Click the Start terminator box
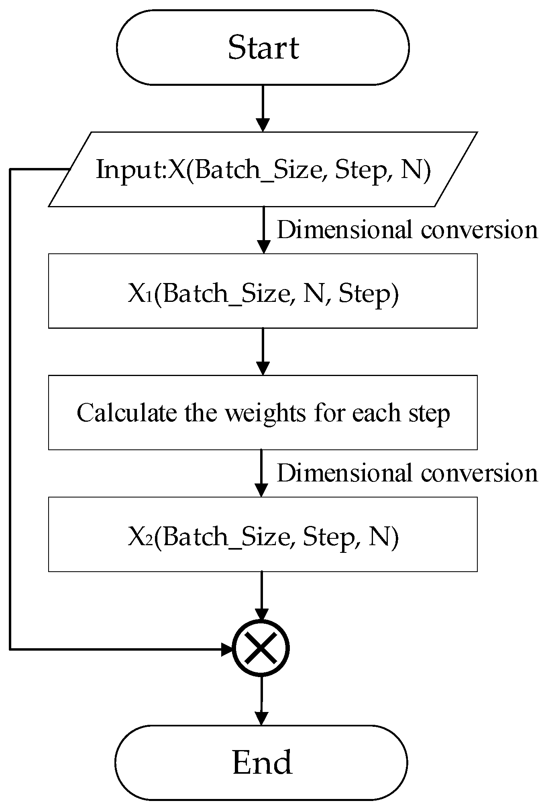[x=263, y=47]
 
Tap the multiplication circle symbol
[x=261, y=648]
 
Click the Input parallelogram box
[x=263, y=169]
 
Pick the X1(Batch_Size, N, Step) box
[x=263, y=291]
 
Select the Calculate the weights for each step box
[x=263, y=413]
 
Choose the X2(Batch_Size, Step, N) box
[x=263, y=534]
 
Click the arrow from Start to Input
[x=263, y=108]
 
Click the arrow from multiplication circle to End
[x=261, y=700]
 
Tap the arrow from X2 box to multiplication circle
[x=261, y=595]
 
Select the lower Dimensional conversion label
[x=407, y=473]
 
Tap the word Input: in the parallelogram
[x=131, y=169]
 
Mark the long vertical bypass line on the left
[x=10, y=409]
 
